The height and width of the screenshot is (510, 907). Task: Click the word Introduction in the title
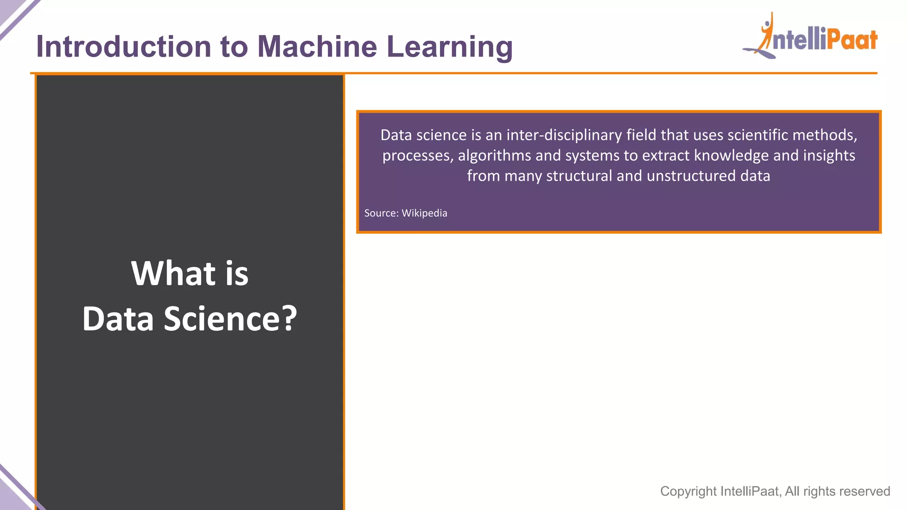[123, 46]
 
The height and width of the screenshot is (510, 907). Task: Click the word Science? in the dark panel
[230, 319]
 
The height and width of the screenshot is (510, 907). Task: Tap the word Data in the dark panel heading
[118, 319]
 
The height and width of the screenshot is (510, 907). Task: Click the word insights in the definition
[829, 155]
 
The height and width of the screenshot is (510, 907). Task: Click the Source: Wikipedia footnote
[405, 213]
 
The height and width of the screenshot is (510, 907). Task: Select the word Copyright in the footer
[688, 491]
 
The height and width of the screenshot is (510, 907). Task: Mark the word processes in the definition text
[417, 156]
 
